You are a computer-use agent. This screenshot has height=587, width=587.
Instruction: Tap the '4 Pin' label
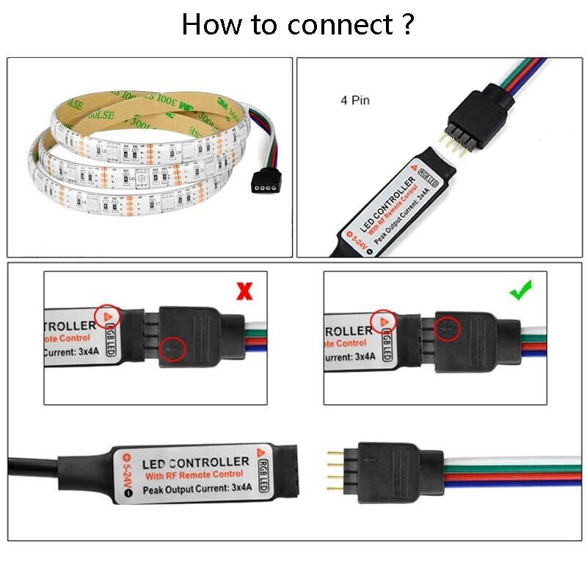click(x=354, y=101)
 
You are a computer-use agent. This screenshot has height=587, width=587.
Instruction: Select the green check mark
click(x=520, y=291)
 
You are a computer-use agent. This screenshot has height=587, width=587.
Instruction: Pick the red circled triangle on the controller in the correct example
click(x=382, y=321)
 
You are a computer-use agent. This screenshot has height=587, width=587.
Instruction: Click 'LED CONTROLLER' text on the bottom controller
click(x=194, y=463)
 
